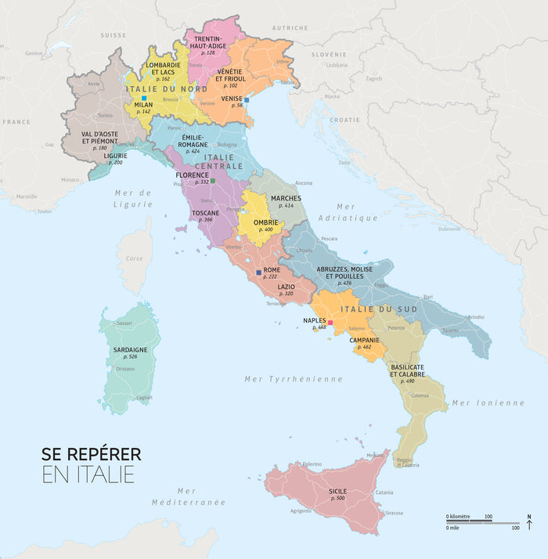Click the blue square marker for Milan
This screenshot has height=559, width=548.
[x=143, y=98]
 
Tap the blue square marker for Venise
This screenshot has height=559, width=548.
[x=247, y=100]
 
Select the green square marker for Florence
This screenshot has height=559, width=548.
[x=212, y=181]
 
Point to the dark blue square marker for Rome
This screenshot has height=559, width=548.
[x=258, y=272]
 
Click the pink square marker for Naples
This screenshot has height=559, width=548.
[x=330, y=323]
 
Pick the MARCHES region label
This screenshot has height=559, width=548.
[x=286, y=198]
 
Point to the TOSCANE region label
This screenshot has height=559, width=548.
[x=206, y=212]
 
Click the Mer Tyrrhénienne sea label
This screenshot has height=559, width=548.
[x=294, y=379]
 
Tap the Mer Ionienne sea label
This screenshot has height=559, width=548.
[x=488, y=402]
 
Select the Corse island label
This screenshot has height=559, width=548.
[x=135, y=258]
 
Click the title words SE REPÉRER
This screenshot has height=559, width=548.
[x=92, y=454]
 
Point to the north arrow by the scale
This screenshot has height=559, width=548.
[x=529, y=521]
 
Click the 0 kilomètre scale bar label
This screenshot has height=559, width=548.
[x=458, y=517]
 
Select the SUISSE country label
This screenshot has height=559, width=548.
[x=114, y=35]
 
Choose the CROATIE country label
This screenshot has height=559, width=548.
[x=344, y=120]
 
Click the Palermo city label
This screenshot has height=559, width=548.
[x=312, y=463]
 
